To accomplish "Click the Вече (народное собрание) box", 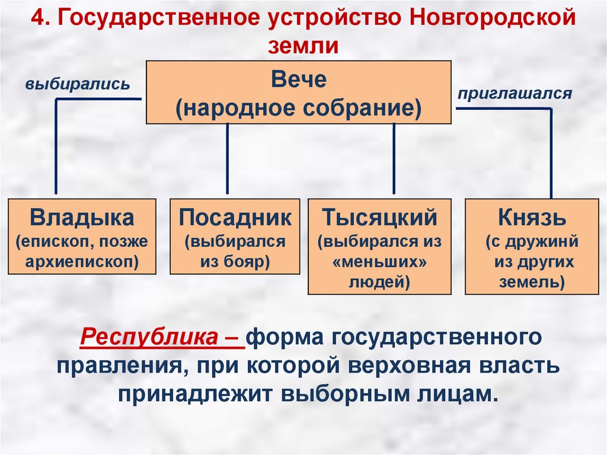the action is [298, 92].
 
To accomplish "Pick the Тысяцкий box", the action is [379, 246].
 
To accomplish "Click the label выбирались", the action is [77, 84].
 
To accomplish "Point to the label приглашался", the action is [514, 93].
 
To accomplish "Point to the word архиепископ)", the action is [82, 261].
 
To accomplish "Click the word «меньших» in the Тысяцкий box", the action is [379, 262].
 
